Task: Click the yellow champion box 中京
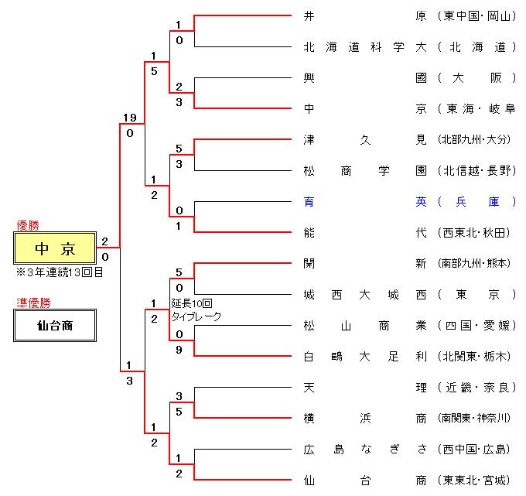(x=55, y=248)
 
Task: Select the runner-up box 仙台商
(x=55, y=326)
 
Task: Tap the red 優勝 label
(x=28, y=225)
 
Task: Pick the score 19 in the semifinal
(x=129, y=118)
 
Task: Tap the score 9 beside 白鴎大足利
(x=179, y=350)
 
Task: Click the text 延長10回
(x=191, y=303)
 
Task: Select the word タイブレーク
(x=196, y=316)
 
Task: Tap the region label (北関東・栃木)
(x=476, y=356)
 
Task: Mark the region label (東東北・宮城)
(x=476, y=480)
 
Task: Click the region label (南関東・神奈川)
(x=476, y=418)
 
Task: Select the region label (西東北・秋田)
(x=476, y=232)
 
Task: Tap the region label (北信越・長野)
(x=476, y=170)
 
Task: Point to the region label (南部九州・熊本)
(x=476, y=263)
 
